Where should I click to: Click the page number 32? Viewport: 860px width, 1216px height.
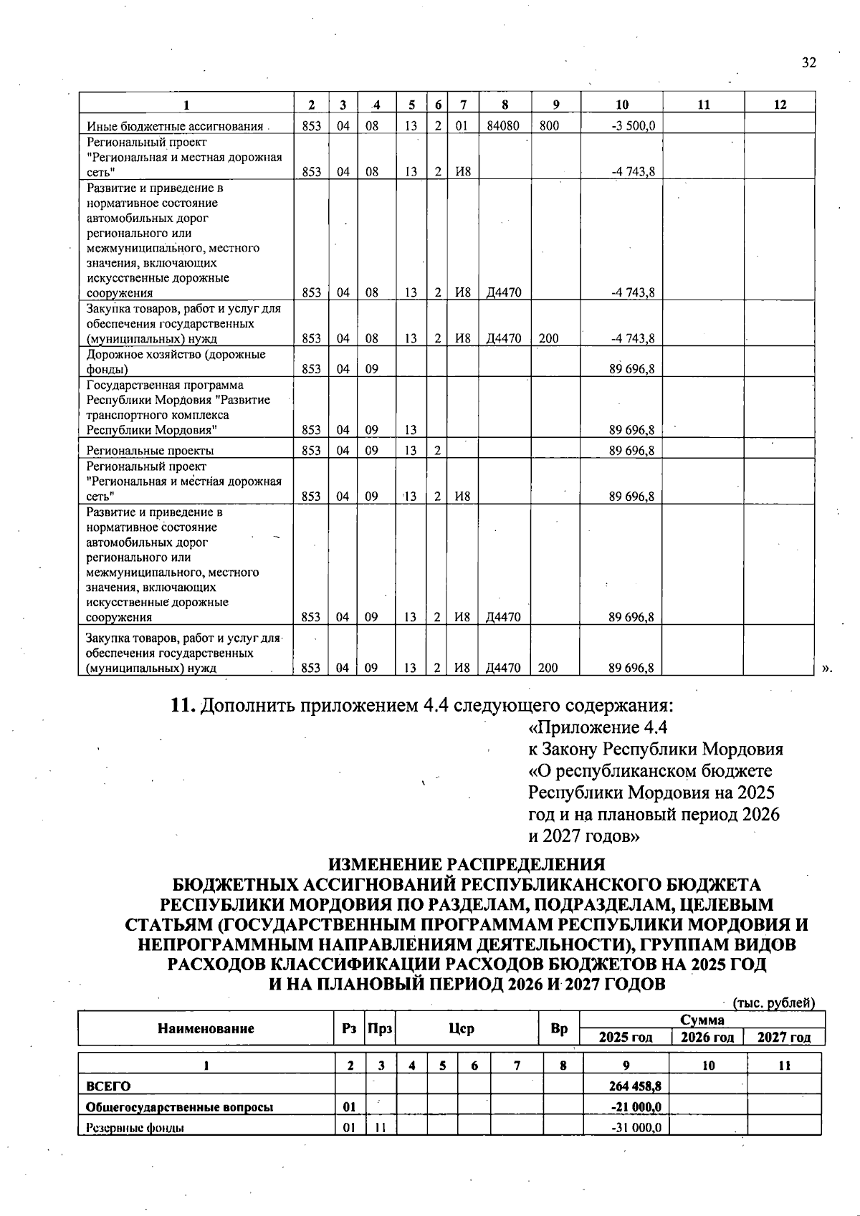pos(808,62)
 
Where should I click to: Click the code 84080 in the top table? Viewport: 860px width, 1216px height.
pos(504,125)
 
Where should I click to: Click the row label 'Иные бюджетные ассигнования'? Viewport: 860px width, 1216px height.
pos(175,127)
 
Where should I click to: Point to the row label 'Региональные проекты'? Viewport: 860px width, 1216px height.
pos(150,451)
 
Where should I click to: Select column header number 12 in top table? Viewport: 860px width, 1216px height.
pos(780,105)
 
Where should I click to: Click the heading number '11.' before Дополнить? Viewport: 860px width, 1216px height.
pos(183,706)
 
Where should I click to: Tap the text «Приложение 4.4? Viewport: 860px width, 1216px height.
pos(598,728)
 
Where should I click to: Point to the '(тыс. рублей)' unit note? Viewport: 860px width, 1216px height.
pos(773,1003)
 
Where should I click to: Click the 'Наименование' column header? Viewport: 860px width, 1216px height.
pos(206,1029)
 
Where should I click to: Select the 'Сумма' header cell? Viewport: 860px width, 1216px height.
pos(702,1020)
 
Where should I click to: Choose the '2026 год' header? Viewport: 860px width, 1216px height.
pos(707,1038)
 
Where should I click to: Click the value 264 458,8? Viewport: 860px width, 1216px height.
pos(634,1086)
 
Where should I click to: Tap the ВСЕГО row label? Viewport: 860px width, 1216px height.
pos(108,1086)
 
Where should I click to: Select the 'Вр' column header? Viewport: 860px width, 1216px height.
pos(559,1029)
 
